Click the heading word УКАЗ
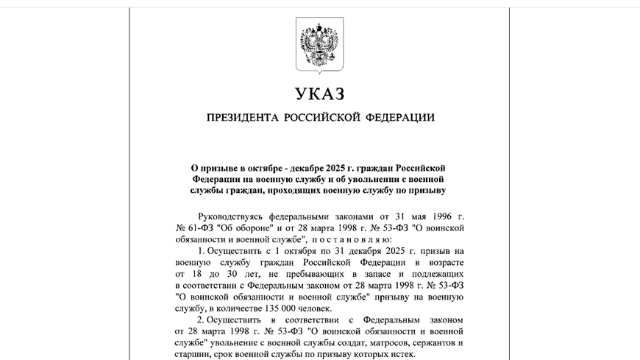coord(319,94)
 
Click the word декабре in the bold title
coord(307,168)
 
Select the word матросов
coord(376,342)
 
